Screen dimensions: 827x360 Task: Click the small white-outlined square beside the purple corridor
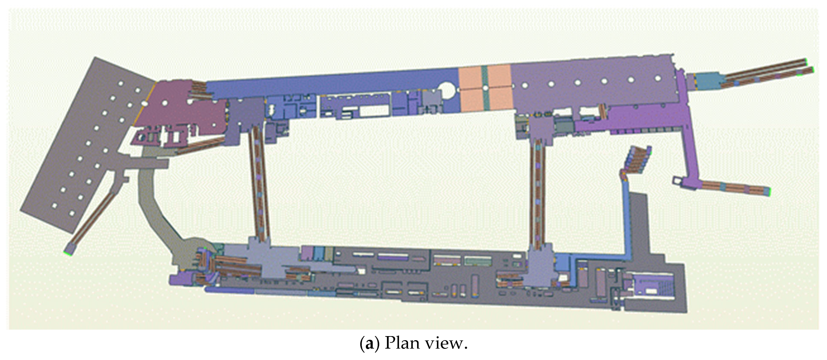[x=677, y=181]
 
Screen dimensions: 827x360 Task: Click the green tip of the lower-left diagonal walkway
[x=67, y=254]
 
